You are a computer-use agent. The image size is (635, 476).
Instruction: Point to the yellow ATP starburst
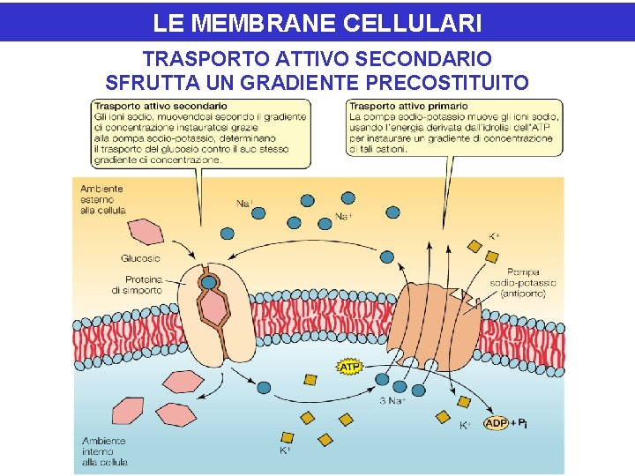coord(350,366)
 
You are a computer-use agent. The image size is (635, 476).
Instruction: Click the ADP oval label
coord(497,424)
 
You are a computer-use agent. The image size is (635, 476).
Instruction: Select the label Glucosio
coord(140,258)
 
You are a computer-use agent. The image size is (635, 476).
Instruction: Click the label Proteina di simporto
coord(137,285)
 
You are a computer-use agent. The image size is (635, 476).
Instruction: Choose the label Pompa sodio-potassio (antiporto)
coord(524,283)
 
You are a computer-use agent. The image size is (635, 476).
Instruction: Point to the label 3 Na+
coord(392,402)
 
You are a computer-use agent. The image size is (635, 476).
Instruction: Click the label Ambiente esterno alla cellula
coord(102,199)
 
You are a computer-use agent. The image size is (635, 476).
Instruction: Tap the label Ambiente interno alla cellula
coord(104,450)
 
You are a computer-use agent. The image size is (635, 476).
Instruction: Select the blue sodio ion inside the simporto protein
coord(209,283)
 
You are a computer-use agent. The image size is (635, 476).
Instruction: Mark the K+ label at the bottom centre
coord(285,450)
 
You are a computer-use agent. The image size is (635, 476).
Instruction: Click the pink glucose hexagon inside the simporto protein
coord(213,309)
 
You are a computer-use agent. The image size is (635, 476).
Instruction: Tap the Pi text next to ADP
coord(521,424)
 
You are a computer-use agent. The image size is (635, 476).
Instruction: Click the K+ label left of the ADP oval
coord(465,425)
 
